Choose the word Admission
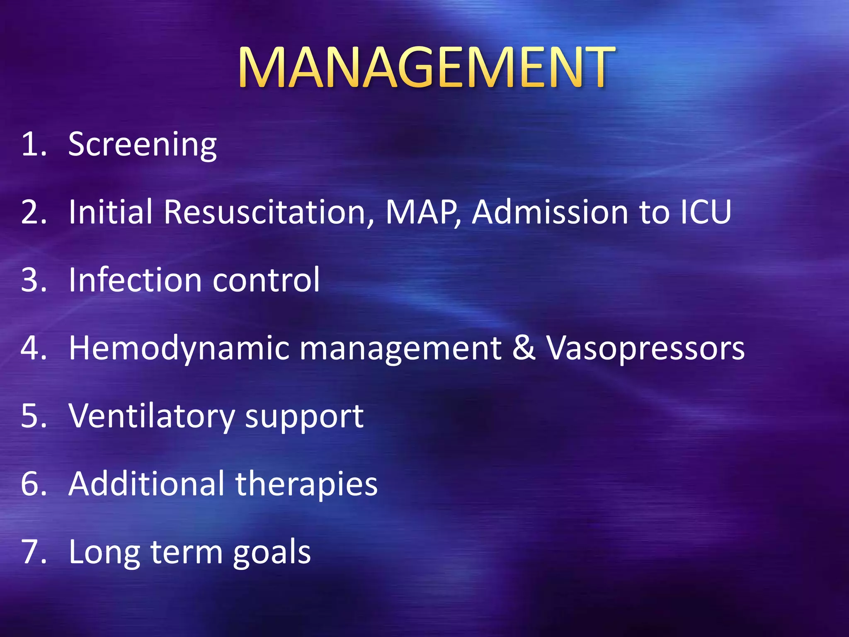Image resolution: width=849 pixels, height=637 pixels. tap(551, 212)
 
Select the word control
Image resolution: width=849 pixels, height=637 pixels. tap(266, 280)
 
